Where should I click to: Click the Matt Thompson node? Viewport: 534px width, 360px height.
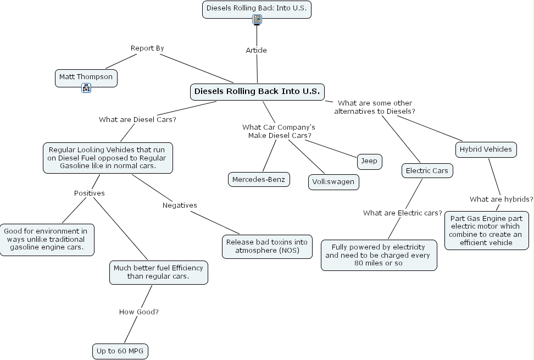point(86,77)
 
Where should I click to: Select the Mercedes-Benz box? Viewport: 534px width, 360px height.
point(259,180)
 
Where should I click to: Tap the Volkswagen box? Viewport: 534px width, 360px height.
point(333,182)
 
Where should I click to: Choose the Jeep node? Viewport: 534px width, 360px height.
point(369,161)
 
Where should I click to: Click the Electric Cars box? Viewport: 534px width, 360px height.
point(427,171)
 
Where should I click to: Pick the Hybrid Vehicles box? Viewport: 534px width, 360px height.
point(486,149)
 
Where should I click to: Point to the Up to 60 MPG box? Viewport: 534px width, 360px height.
point(120,351)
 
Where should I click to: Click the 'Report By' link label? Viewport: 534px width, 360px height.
point(147,48)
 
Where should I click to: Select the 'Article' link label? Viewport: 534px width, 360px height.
point(256,51)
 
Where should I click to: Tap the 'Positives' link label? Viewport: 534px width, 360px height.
point(90,193)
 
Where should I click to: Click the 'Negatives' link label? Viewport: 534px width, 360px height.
point(180,206)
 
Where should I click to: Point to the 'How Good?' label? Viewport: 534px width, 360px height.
point(139,312)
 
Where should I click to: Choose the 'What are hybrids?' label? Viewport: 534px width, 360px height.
point(501,200)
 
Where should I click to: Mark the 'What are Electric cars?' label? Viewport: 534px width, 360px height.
point(403,213)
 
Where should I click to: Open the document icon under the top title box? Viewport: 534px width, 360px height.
point(257,20)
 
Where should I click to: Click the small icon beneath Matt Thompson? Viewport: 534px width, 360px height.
point(86,88)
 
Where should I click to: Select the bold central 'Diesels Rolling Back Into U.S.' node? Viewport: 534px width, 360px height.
point(257,92)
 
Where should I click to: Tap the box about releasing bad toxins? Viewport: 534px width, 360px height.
point(267,247)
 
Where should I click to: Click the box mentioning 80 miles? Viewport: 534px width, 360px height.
point(379,255)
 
